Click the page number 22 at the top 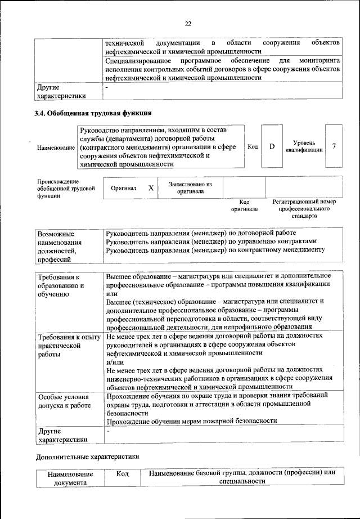(x=188, y=23)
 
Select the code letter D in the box (x=272, y=146)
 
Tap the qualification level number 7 (x=334, y=146)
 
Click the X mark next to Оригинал (x=150, y=188)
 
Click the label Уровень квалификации (x=304, y=146)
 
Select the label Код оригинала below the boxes (x=244, y=205)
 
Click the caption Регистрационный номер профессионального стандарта (x=304, y=208)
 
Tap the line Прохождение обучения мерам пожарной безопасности (x=191, y=420)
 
